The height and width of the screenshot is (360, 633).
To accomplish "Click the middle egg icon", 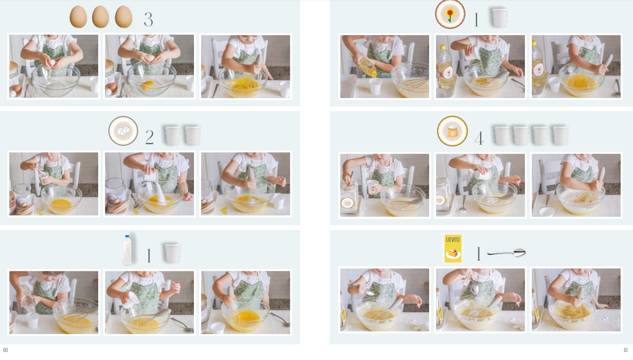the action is pyautogui.click(x=101, y=17).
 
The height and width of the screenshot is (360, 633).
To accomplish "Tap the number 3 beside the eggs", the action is pyautogui.click(x=148, y=20).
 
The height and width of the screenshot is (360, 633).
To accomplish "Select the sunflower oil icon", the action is pyautogui.click(x=450, y=14).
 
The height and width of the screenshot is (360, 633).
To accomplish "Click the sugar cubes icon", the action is pyautogui.click(x=123, y=131).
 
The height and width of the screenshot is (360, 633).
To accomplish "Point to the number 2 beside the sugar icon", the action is pyautogui.click(x=150, y=137).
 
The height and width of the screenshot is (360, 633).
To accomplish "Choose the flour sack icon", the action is pyautogui.click(x=452, y=131).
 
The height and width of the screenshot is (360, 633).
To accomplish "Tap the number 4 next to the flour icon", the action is pyautogui.click(x=479, y=138).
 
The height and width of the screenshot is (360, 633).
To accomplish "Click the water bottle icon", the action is pyautogui.click(x=127, y=250).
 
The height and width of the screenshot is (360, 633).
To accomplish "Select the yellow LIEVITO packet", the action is pyautogui.click(x=453, y=249).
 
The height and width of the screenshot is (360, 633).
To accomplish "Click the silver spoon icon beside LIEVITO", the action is pyautogui.click(x=506, y=253).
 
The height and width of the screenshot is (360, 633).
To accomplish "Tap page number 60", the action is pyautogui.click(x=5, y=350).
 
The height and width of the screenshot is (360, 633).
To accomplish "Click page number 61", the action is pyautogui.click(x=626, y=350).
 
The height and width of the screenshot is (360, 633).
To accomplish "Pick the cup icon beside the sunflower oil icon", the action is pyautogui.click(x=500, y=18).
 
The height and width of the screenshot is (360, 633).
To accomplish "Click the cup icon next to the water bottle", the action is pyautogui.click(x=172, y=253).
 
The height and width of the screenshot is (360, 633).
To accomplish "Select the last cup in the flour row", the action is pyautogui.click(x=560, y=136).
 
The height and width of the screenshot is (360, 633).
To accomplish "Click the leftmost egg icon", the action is pyautogui.click(x=78, y=17).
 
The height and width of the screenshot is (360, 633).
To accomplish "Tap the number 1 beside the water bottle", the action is pyautogui.click(x=149, y=256).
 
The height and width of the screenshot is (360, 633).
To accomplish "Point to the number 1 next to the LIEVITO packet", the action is pyautogui.click(x=478, y=253).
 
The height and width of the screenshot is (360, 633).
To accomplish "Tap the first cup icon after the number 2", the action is pyautogui.click(x=172, y=136).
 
